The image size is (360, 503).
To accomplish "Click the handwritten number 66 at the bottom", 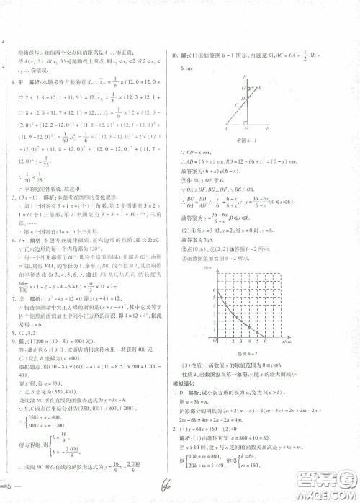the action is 170,484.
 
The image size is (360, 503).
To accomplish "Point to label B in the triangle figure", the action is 258,87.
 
